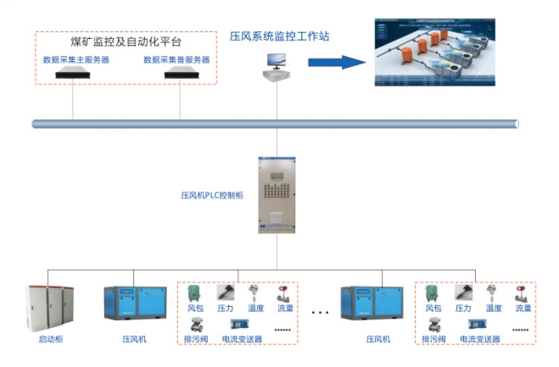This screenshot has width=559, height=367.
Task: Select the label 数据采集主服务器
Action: click(x=76, y=60)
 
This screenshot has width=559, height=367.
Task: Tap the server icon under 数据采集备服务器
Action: click(x=180, y=75)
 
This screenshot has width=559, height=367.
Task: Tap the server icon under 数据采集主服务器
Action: click(x=74, y=75)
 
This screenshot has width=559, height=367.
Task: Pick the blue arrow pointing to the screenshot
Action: click(x=334, y=62)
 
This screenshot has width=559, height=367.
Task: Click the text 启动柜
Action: click(x=51, y=339)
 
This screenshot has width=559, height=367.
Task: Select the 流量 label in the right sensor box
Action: click(x=522, y=309)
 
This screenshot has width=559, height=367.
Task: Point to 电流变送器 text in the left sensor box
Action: click(x=242, y=339)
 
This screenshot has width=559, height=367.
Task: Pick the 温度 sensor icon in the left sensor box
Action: click(x=254, y=292)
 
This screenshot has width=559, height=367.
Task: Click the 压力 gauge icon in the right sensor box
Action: click(x=463, y=292)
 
